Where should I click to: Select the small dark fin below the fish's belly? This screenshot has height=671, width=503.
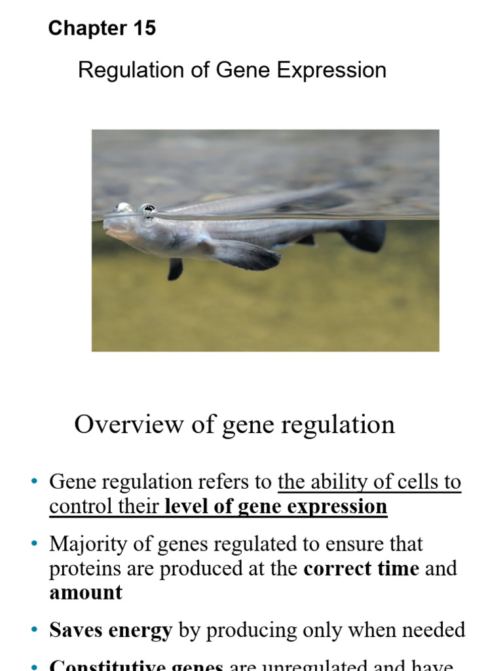click(175, 268)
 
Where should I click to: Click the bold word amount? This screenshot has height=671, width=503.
click(86, 592)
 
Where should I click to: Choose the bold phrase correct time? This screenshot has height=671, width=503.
click(361, 568)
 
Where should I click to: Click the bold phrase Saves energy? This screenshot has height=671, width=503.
click(111, 630)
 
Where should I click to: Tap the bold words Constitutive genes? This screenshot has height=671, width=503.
click(136, 665)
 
